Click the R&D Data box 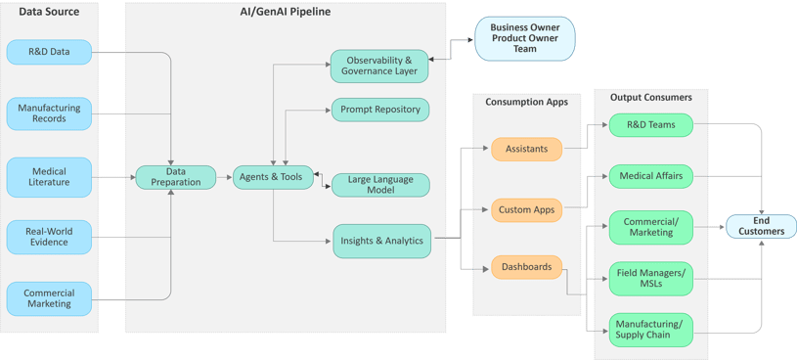pyautogui.click(x=49, y=52)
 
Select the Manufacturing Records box pyautogui.click(x=49, y=113)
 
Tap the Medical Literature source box pyautogui.click(x=49, y=177)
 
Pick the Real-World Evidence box pyautogui.click(x=49, y=237)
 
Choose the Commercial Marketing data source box pyautogui.click(x=49, y=298)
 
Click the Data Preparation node pyautogui.click(x=175, y=177)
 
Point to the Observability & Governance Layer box pyautogui.click(x=379, y=66)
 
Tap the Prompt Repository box pyautogui.click(x=380, y=110)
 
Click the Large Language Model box pyautogui.click(x=380, y=185)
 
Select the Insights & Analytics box pyautogui.click(x=381, y=241)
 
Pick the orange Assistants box pyautogui.click(x=526, y=149)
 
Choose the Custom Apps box pyautogui.click(x=526, y=209)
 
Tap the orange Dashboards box pyautogui.click(x=526, y=267)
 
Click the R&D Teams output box pyautogui.click(x=650, y=125)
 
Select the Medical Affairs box pyautogui.click(x=650, y=177)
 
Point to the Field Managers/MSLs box pyautogui.click(x=650, y=279)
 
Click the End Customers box pyautogui.click(x=761, y=226)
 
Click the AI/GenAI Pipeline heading pyautogui.click(x=285, y=13)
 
